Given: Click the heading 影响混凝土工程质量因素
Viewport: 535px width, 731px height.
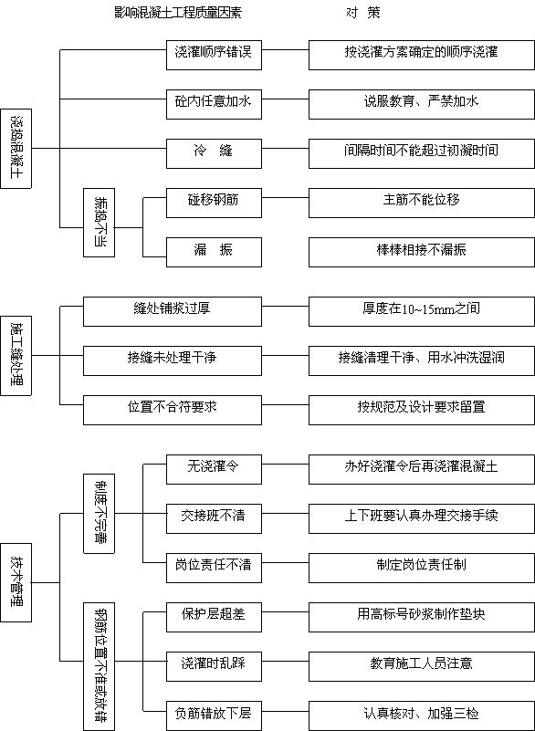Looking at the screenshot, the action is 178,13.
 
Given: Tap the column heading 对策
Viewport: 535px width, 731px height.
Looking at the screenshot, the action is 362,13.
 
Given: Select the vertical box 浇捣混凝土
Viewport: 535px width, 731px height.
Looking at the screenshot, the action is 16,149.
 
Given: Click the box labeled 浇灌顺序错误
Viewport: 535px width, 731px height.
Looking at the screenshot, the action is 215,55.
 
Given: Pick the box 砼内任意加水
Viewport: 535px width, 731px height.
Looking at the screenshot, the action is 215,104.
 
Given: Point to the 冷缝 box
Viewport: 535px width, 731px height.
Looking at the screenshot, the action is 215,153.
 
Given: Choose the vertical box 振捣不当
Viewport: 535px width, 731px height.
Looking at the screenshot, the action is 99,223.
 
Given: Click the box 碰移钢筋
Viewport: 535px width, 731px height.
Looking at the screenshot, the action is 215,203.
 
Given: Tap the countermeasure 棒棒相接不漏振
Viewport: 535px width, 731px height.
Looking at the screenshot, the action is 422,252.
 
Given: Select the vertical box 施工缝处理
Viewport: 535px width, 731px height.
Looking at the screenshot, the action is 16,356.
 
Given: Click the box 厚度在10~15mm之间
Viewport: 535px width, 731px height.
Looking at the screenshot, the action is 422,311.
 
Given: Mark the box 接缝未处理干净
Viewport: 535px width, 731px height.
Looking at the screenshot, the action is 173,360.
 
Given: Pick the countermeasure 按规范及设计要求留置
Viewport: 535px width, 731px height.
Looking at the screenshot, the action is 422,411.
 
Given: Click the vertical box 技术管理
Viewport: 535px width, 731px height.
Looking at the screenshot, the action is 16,582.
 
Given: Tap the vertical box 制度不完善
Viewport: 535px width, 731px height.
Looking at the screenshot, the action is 99,514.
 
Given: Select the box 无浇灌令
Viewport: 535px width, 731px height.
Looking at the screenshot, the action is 215,469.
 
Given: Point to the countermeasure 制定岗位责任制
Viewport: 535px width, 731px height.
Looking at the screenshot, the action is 422,568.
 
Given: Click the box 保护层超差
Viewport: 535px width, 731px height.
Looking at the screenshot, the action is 215,617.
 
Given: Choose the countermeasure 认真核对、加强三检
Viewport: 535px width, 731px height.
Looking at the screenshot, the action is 422,715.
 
